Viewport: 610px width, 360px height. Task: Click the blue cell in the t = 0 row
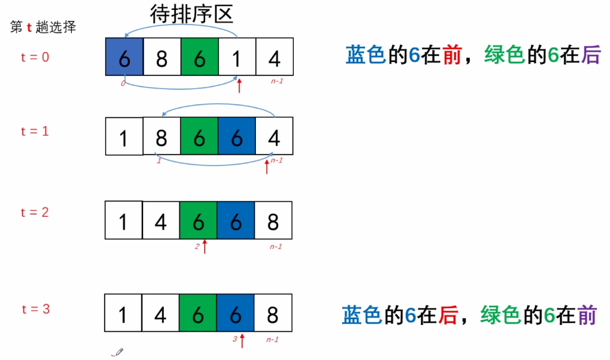pos(124,56)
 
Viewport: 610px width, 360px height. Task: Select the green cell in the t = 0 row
pos(199,56)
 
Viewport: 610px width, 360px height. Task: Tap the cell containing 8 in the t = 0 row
pos(162,56)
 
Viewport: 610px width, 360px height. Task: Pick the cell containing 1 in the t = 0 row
pos(236,56)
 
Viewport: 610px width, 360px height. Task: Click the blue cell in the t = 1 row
pos(236,136)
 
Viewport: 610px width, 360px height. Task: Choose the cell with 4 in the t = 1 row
pos(274,136)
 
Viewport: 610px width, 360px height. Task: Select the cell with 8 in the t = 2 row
pos(273,220)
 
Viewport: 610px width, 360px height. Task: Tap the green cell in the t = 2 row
pos(198,220)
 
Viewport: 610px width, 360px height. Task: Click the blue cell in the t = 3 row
pos(235,313)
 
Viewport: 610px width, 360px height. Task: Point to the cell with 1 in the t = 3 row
pos(123,313)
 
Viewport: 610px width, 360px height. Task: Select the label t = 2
pos(35,212)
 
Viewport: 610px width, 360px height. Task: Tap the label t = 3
pos(35,309)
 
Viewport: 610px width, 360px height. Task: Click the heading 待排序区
pos(191,13)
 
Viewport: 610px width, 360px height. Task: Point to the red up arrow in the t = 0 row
pos(240,87)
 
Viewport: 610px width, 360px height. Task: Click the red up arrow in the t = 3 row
pos(242,340)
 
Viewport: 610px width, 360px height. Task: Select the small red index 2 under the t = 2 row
pos(197,246)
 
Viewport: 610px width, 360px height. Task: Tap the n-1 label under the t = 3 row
pos(273,339)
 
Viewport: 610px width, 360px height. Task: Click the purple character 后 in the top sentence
pos(590,55)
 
